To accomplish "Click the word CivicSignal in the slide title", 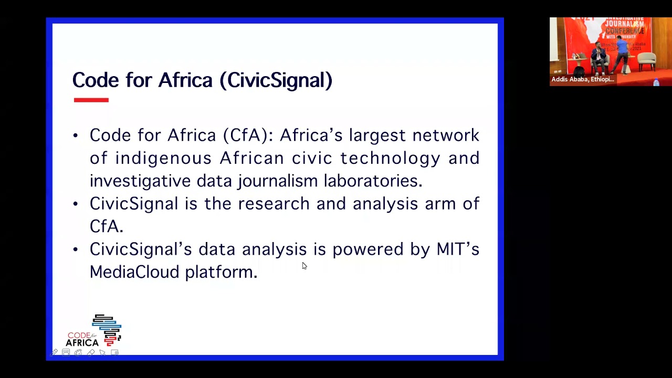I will point(276,80).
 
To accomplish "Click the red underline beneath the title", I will point(91,100).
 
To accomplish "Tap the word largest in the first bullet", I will point(377,135).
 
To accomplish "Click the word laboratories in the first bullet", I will point(372,181).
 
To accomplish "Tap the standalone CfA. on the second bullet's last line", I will point(106,226).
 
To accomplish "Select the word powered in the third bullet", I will point(367,249).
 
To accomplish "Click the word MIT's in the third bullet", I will point(458,249).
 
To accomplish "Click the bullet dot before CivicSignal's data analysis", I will point(76,249).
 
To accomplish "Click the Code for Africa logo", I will point(94,331).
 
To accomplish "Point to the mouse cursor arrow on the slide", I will point(304,266).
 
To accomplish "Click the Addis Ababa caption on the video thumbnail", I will point(582,79).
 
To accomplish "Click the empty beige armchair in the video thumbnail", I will point(647,60).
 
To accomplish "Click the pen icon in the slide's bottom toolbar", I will point(54,353).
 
